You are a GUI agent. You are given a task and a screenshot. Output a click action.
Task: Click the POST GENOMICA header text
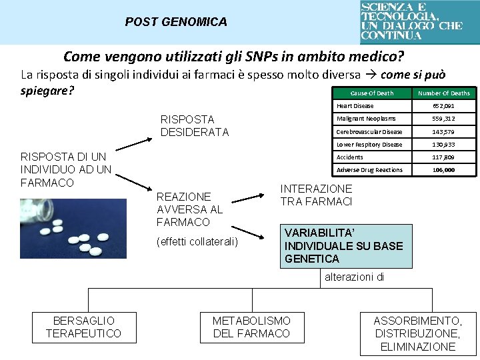(176, 22)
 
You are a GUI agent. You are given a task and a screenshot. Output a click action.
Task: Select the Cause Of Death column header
(372, 93)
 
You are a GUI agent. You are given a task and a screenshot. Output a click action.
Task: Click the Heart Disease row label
(355, 106)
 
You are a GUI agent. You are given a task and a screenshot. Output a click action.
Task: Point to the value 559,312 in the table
(443, 119)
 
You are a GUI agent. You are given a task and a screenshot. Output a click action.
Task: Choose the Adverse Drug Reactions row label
(369, 170)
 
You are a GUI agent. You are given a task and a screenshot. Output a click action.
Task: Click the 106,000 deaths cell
(443, 170)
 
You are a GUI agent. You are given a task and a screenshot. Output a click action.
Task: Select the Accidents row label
(350, 157)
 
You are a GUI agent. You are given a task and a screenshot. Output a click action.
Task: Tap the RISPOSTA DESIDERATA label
(195, 125)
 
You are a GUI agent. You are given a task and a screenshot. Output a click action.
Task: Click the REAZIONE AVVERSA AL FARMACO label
(183, 209)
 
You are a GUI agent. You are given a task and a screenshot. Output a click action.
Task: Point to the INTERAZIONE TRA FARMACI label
(316, 195)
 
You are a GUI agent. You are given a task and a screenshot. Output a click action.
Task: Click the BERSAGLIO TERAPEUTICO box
(84, 327)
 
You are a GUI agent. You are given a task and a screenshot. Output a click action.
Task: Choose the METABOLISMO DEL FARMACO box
(251, 327)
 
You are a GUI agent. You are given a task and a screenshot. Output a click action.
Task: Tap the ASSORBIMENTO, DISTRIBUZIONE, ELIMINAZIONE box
(418, 333)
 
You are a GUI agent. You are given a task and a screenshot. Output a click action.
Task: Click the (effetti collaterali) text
(197, 241)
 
